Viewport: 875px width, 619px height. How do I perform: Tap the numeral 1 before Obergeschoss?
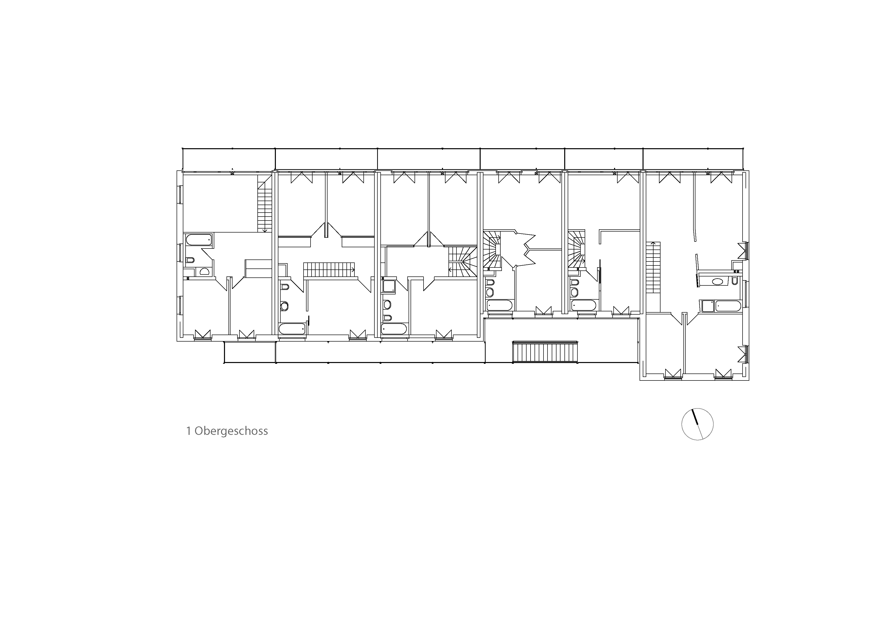point(188,431)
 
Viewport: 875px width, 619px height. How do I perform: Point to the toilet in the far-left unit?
point(190,260)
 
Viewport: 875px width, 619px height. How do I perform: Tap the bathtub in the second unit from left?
point(292,329)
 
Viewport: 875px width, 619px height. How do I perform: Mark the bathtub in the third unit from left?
point(394,329)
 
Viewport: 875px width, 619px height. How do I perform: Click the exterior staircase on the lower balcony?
point(545,352)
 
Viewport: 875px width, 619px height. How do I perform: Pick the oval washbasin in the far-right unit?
point(718,282)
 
